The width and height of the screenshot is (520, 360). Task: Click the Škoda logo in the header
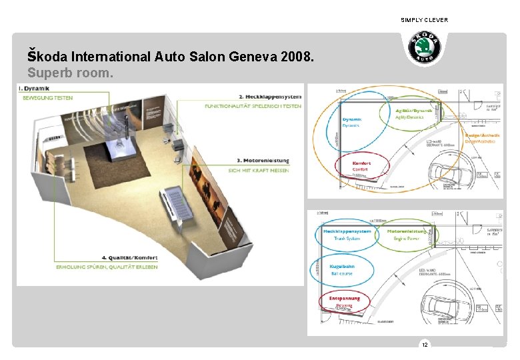pos(424,47)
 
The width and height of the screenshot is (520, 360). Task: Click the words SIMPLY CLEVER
pos(424,20)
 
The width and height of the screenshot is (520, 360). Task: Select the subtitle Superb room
pos(70,71)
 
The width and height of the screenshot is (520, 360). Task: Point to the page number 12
pos(424,344)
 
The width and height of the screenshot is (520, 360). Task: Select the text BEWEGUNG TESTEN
pos(48,98)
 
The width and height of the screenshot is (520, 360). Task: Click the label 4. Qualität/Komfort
pos(130,257)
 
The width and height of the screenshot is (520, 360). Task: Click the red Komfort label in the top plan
pos(361,163)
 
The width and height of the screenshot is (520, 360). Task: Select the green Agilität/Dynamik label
pos(413,109)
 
